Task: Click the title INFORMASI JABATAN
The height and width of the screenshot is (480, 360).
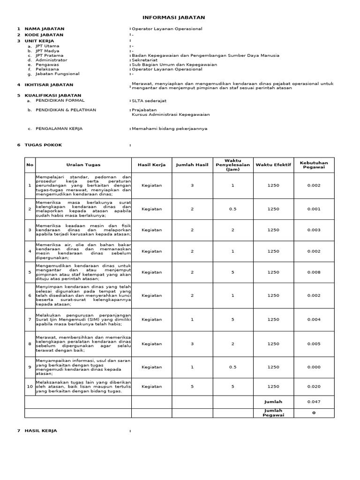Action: coord(173,17)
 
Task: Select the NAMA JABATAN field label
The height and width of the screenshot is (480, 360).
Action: coord(44,29)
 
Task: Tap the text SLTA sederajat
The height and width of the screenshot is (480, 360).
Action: coord(149,100)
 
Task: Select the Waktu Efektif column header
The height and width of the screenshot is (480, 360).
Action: coord(273,165)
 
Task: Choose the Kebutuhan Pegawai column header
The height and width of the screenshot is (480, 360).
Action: coord(314,165)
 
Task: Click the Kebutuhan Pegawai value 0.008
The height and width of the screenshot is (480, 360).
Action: coord(314,272)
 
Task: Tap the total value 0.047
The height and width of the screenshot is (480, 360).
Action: coord(314,402)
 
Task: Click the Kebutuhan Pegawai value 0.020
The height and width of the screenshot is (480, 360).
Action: coord(314,387)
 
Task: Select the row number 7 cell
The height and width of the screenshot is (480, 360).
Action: coord(30,320)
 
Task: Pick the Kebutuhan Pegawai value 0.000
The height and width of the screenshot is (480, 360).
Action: coord(314,367)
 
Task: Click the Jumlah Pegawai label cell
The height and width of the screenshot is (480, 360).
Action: coord(273,412)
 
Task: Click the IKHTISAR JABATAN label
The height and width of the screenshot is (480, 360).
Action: coord(49,85)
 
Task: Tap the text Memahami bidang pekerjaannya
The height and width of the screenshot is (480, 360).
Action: coord(169,128)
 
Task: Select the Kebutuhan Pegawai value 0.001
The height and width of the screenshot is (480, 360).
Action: coord(314,209)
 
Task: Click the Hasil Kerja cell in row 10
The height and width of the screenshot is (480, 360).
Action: coord(151,387)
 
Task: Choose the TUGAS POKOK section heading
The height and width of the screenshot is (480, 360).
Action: coord(43,145)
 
